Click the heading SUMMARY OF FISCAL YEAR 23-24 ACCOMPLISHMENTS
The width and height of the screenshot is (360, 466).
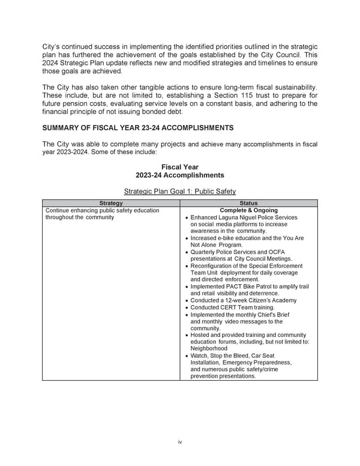pos(138,128)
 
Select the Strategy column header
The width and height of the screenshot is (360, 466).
pos(110,204)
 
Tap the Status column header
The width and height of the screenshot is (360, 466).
pos(248,204)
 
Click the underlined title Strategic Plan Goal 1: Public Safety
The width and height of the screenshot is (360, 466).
pos(179,192)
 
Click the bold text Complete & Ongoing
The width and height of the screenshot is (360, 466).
pos(248,210)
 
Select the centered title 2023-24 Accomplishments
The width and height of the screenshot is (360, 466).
pos(179,175)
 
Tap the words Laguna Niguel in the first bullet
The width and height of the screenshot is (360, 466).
pos(241,217)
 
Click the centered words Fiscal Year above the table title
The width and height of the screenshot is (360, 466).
pos(179,167)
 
